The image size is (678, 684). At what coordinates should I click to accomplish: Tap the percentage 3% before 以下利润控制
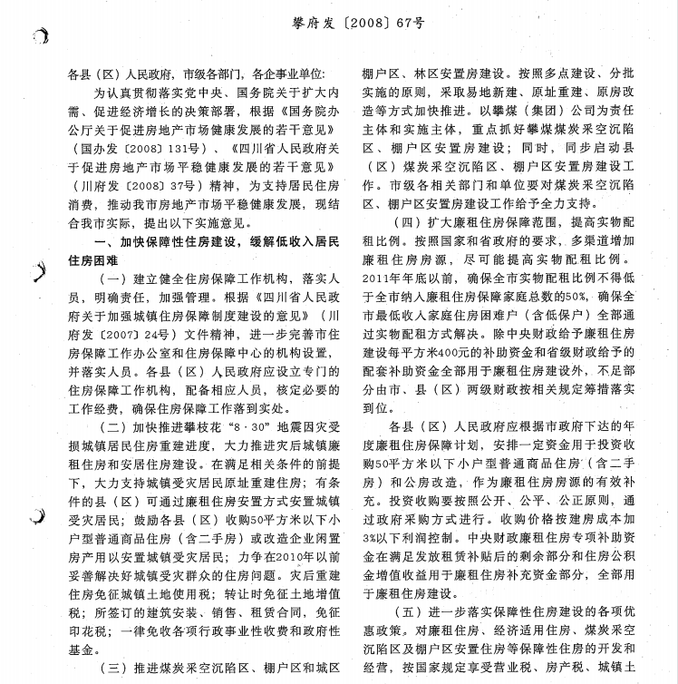click(x=373, y=538)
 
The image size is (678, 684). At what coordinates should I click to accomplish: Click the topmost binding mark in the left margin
click(x=36, y=35)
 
